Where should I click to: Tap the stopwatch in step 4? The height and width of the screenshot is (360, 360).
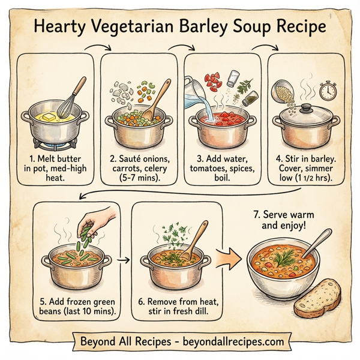tap(326, 92)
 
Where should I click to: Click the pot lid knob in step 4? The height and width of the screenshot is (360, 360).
tap(306, 107)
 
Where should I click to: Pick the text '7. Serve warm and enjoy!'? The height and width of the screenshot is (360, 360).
tap(285, 221)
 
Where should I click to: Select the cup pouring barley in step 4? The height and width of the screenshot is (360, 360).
tap(284, 92)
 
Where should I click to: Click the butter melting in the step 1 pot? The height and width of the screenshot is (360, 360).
tap(49, 115)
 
